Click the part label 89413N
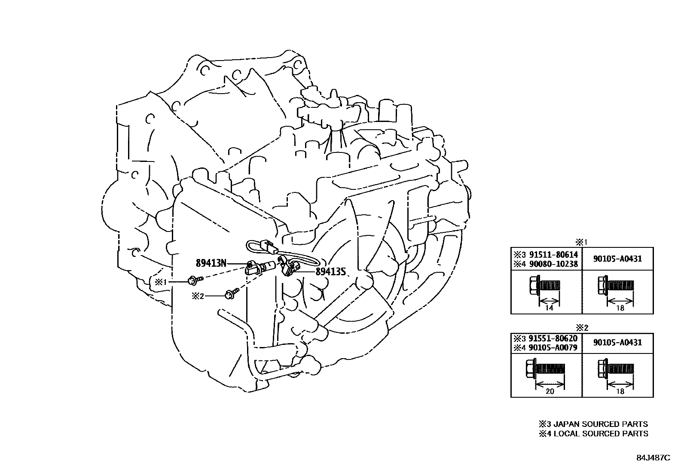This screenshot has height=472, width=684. pos(211,263)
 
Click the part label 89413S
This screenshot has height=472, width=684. pos(330,271)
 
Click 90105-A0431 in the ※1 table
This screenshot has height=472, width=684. pos(617,259)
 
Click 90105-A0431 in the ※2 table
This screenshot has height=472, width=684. pos(617,342)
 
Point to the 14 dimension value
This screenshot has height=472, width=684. pos(549,308)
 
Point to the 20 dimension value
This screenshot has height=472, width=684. pos(550,391)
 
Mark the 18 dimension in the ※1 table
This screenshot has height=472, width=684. pos(620,308)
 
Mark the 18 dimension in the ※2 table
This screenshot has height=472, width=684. pos(620,391)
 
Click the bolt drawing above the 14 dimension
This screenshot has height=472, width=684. pos(543,285)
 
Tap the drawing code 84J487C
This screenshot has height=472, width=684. pos(653,457)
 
